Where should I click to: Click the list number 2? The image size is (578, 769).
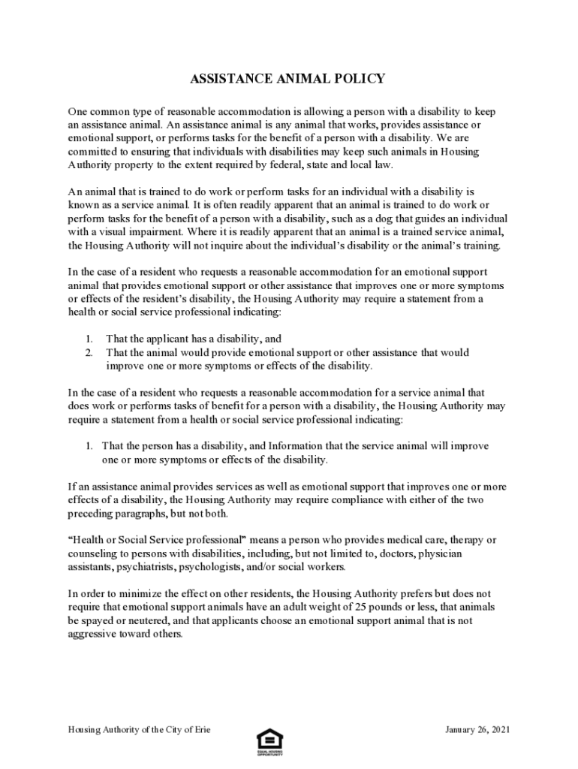click(88, 352)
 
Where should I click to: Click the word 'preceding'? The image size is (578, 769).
click(92, 514)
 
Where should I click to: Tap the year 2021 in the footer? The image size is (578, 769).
click(499, 730)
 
